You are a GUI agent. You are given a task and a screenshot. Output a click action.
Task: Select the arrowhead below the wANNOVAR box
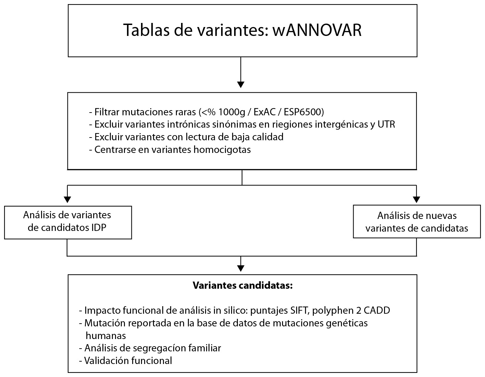pos(241,84)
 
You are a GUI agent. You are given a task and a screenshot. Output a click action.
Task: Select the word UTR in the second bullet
pos(386,124)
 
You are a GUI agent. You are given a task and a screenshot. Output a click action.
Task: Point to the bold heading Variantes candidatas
pos(243,286)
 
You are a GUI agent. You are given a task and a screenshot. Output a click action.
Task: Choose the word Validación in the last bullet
pos(106,361)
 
